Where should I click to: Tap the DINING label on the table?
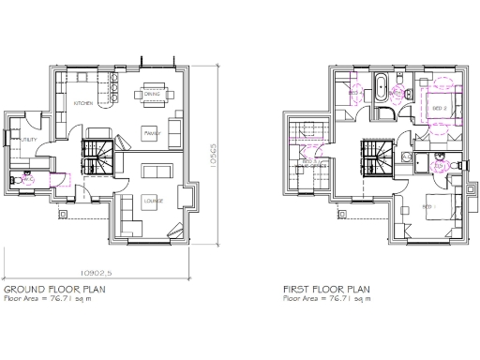[x=152, y=93]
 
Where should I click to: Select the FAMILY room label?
[x=152, y=133]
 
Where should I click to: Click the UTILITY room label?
[x=29, y=140]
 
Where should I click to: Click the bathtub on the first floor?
[x=381, y=90]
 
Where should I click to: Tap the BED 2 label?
[x=438, y=109]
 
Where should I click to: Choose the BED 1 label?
[x=427, y=206]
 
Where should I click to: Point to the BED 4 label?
[x=355, y=94]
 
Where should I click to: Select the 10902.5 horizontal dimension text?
[x=104, y=273]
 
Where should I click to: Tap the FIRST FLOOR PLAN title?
[x=325, y=291]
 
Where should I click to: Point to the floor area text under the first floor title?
[x=325, y=300]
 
